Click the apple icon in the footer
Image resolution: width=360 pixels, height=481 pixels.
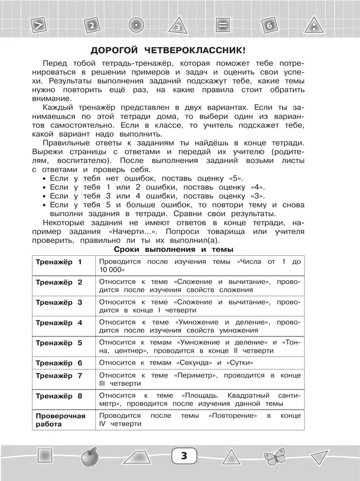pos(89,457)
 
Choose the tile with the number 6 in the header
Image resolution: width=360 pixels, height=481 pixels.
pos(269,25)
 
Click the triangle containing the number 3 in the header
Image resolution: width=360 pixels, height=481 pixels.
pos(177,26)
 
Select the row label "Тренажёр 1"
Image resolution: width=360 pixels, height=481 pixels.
pos(59,262)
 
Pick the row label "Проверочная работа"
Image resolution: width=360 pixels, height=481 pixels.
pos(60,420)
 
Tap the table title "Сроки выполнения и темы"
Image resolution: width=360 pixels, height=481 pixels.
pos(179,250)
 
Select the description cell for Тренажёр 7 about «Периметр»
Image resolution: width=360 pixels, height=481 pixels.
pos(199,379)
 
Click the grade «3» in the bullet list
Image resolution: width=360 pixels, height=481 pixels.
pos(256,196)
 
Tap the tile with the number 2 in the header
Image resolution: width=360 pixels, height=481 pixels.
pos(92,25)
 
